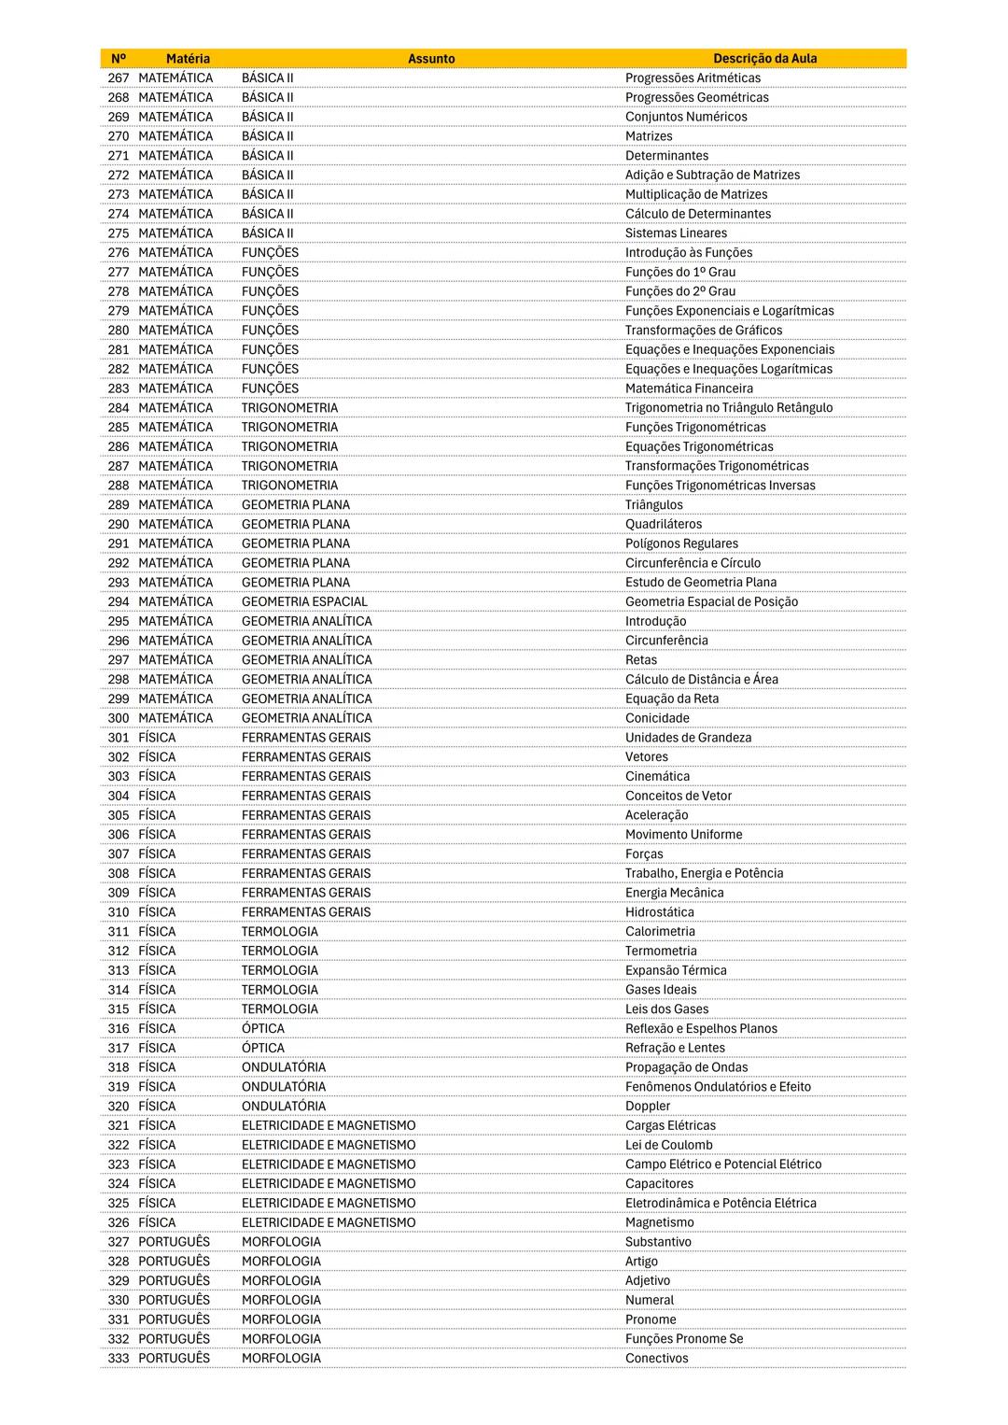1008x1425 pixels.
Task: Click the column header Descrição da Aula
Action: [x=764, y=58]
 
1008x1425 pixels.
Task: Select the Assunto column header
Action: [x=431, y=58]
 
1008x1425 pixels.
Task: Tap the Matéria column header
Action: [x=188, y=58]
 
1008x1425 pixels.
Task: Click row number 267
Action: [x=119, y=78]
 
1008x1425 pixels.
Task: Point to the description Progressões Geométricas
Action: [x=696, y=97]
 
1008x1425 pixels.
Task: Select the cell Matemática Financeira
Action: [x=689, y=388]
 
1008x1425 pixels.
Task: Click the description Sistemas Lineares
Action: [x=676, y=233]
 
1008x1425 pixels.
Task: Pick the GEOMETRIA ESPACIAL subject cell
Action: [x=304, y=601]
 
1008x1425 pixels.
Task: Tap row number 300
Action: [x=119, y=718]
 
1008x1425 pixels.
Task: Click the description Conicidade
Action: [x=657, y=718]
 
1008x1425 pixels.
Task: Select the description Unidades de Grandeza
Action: [x=688, y=738]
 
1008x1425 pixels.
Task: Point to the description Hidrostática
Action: [x=659, y=912]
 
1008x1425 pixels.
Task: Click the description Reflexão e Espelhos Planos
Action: [x=701, y=1028]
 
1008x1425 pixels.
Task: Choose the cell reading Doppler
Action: [x=648, y=1106]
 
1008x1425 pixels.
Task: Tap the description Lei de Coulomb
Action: [x=668, y=1145]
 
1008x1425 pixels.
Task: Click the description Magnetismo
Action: [x=659, y=1222]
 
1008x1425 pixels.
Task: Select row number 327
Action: [x=119, y=1242]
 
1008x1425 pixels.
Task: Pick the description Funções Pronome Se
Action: [x=684, y=1339]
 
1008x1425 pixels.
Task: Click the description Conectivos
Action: [x=656, y=1358]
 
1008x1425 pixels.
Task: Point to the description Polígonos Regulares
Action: [x=681, y=543]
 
